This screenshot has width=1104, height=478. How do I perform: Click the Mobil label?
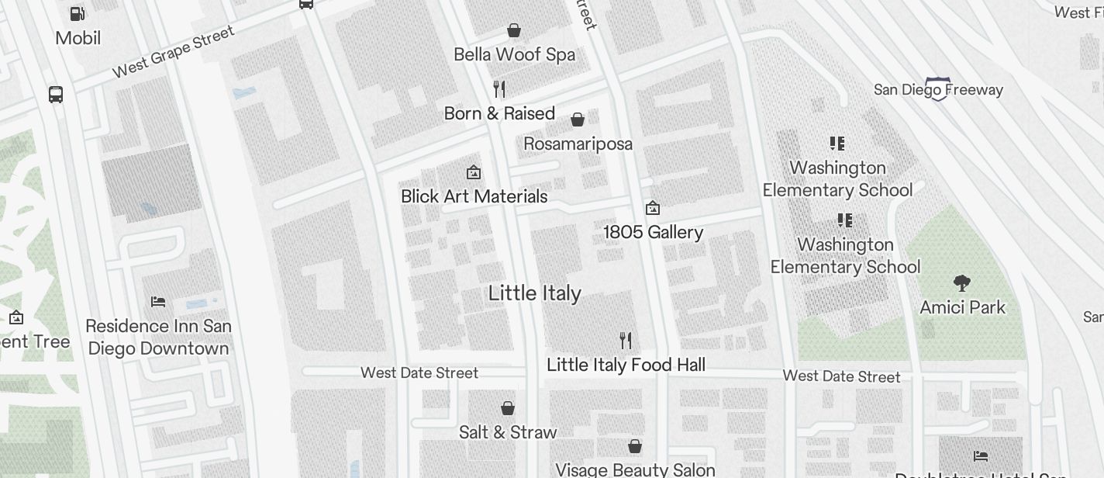click(78, 38)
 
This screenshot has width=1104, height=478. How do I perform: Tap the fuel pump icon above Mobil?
click(78, 13)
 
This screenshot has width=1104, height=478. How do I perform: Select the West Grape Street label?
click(173, 52)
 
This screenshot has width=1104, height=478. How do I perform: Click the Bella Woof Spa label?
click(514, 54)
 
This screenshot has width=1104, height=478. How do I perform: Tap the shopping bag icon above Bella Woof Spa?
click(513, 30)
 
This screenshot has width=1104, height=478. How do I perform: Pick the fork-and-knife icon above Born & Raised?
click(499, 89)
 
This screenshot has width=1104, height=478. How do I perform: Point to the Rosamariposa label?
click(578, 144)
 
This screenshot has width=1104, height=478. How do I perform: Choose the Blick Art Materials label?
click(474, 196)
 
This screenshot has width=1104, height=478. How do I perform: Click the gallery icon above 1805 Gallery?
click(653, 208)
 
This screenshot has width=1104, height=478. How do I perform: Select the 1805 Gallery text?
click(653, 232)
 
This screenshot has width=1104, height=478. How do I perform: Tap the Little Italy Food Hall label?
click(626, 365)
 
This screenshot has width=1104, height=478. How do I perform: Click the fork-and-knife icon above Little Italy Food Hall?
click(626, 340)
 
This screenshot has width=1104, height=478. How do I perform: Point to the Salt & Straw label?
click(508, 432)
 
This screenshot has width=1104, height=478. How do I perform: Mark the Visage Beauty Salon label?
click(635, 469)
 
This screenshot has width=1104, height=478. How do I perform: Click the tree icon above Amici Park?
click(962, 283)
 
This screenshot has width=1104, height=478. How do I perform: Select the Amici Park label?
click(962, 307)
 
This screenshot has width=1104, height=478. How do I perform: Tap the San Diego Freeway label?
click(938, 89)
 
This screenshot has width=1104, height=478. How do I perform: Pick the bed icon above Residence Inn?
click(158, 302)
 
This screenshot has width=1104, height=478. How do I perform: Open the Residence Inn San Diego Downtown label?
click(158, 337)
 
